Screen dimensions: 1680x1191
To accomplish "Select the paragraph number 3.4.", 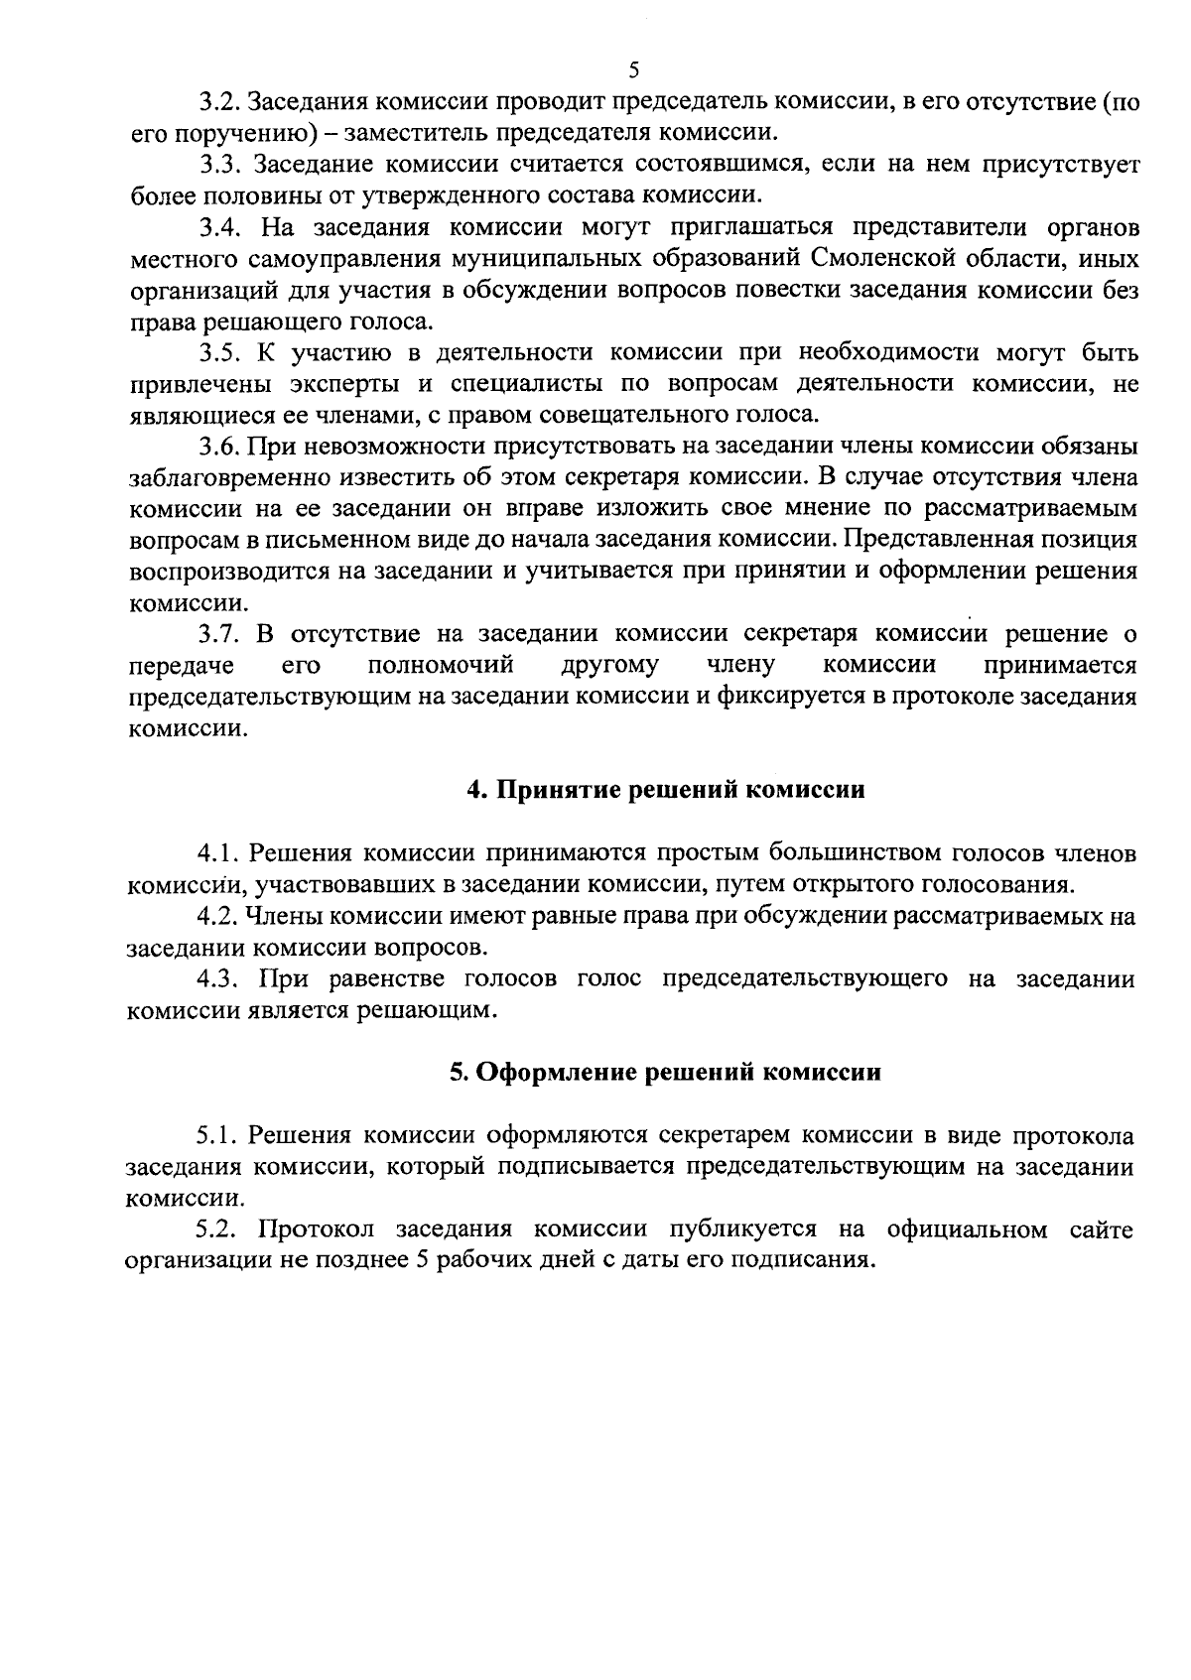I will click(219, 227).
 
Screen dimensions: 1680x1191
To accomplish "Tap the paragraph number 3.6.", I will click(217, 447).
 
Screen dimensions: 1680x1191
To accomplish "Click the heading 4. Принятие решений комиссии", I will click(666, 790).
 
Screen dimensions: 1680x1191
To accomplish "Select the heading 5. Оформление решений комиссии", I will click(665, 1073).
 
